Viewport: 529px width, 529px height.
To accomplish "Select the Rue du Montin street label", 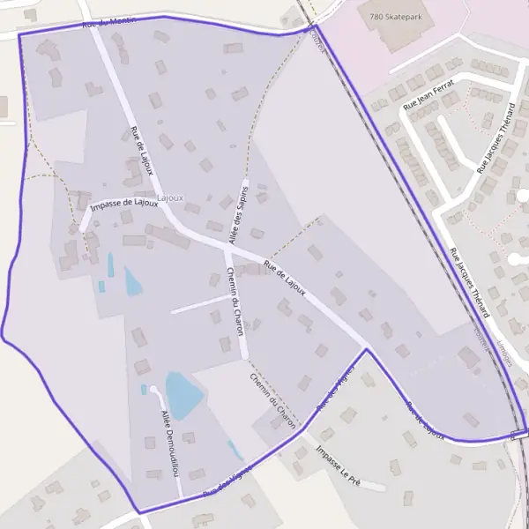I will (109, 22).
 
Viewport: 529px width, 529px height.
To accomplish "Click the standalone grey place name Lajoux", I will (170, 197).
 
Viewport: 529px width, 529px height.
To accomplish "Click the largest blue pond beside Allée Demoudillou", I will (183, 395).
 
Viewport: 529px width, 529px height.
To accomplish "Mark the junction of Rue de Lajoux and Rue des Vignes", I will (367, 350).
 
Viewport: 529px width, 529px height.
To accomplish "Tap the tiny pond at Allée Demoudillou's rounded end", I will (144, 389).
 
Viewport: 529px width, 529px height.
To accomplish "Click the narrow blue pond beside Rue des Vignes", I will (235, 451).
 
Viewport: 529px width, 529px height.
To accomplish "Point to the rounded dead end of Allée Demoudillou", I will (153, 389).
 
